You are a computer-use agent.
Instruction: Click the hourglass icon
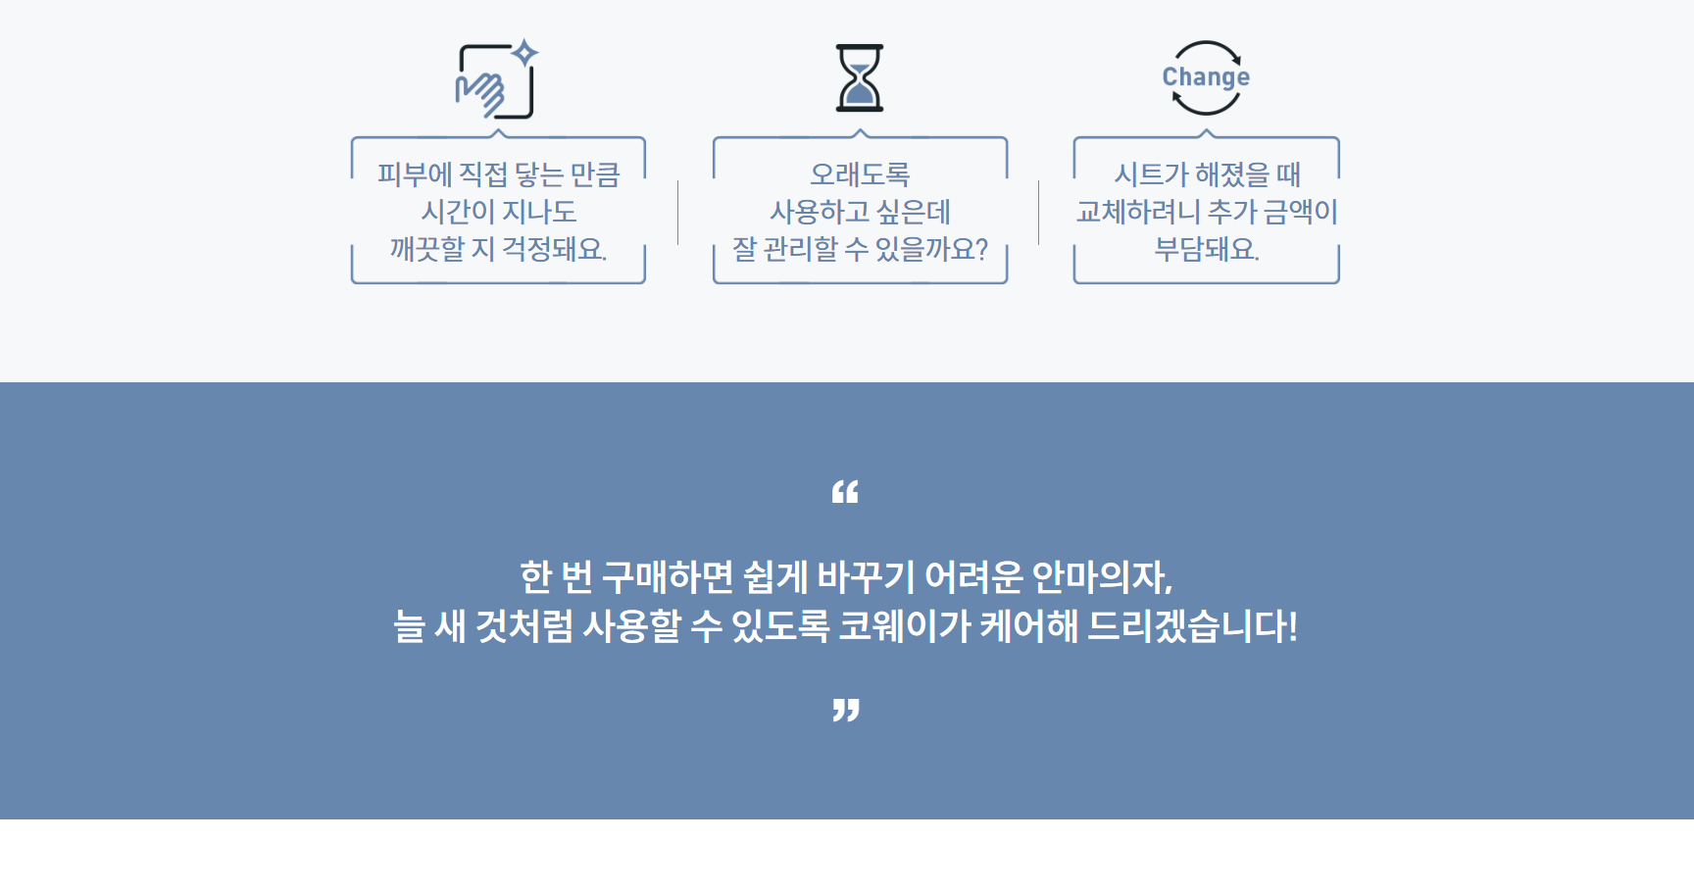pos(860,77)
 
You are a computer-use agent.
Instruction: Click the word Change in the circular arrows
pos(1206,77)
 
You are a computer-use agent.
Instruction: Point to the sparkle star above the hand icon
pos(526,52)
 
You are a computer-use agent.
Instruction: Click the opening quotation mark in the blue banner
pos(845,492)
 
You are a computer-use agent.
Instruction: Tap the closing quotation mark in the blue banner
pos(846,711)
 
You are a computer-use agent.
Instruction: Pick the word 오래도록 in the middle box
pos(860,174)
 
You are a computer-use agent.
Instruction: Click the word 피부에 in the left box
pos(415,174)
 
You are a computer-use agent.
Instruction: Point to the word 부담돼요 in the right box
pos(1207,249)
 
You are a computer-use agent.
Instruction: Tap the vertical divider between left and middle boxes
pos(678,213)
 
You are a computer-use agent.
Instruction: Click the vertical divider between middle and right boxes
pos(1039,213)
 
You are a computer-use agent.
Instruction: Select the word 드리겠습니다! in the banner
pos(1192,626)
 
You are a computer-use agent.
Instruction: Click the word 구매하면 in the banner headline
pos(668,576)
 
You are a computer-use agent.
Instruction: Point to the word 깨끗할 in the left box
pos(426,249)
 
